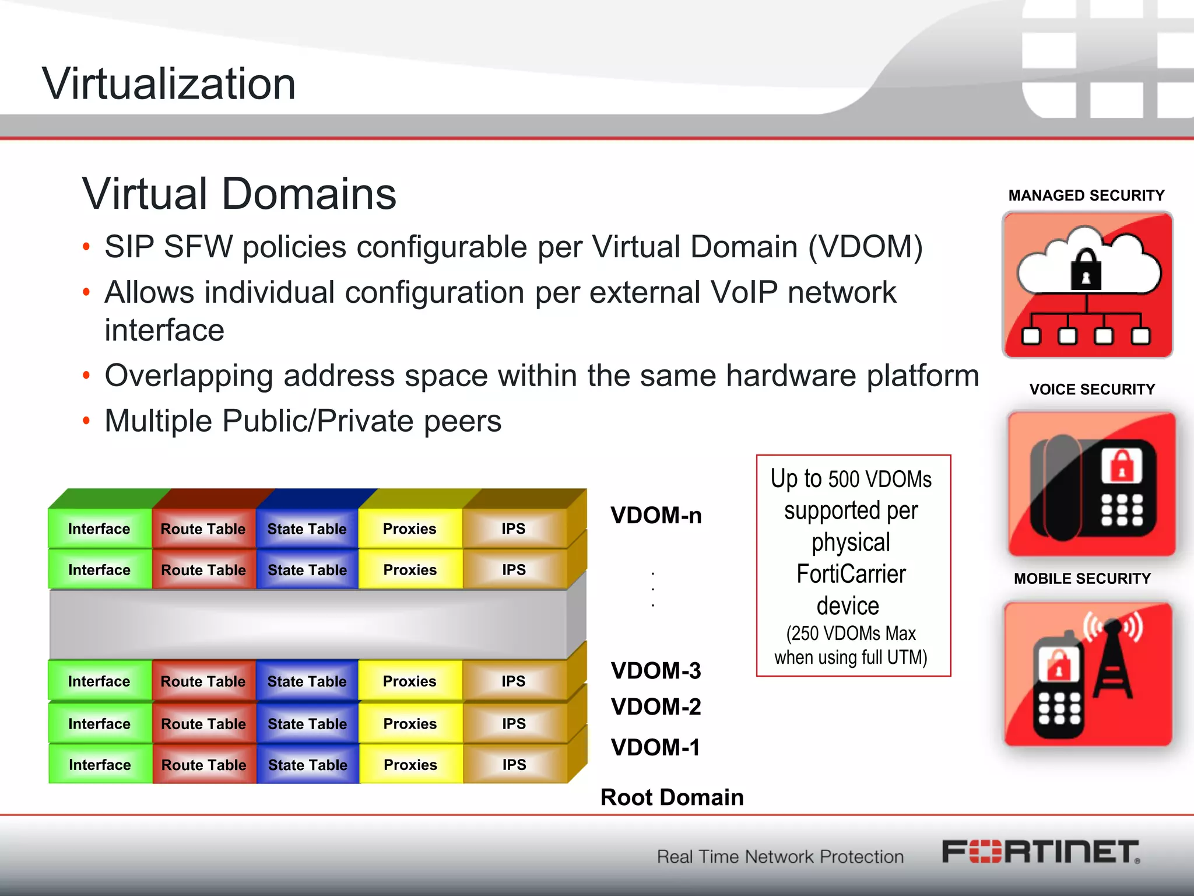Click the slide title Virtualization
click(x=169, y=84)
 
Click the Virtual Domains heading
click(x=239, y=194)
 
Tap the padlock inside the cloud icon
click(x=1086, y=271)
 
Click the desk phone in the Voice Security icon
click(x=1090, y=488)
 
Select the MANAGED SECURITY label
click(x=1086, y=195)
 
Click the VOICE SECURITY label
click(x=1092, y=389)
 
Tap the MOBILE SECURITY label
click(x=1082, y=579)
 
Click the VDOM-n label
click(x=656, y=516)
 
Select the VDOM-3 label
click(x=656, y=671)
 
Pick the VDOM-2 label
click(x=656, y=707)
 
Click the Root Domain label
click(x=672, y=797)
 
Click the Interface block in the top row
click(x=99, y=528)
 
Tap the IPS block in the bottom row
click(x=514, y=764)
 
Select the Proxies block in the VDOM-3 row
click(x=410, y=681)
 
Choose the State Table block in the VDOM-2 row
click(x=307, y=723)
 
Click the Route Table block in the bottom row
click(x=203, y=764)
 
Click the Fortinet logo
click(x=1041, y=852)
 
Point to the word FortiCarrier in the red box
click(x=851, y=574)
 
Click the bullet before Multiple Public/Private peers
click(x=86, y=421)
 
